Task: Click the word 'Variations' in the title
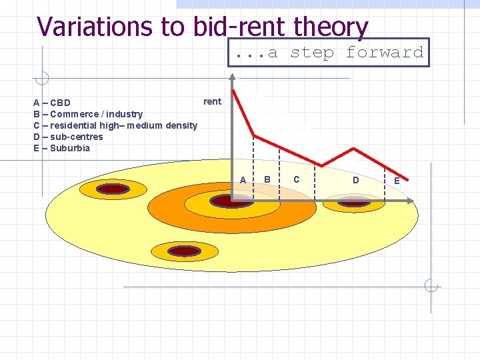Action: click(96, 27)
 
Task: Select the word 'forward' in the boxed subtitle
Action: click(385, 52)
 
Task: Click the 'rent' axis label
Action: click(212, 101)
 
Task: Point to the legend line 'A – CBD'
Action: click(52, 103)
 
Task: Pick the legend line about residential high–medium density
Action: click(115, 125)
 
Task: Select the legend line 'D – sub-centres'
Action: click(68, 137)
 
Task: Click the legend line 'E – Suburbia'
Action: click(61, 148)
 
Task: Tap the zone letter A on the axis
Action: click(243, 180)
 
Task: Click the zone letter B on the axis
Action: click(267, 179)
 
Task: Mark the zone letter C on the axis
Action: click(296, 179)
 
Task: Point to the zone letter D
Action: click(355, 180)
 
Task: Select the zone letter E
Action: click(397, 181)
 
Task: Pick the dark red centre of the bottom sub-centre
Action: click(184, 251)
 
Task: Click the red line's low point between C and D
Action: click(322, 165)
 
